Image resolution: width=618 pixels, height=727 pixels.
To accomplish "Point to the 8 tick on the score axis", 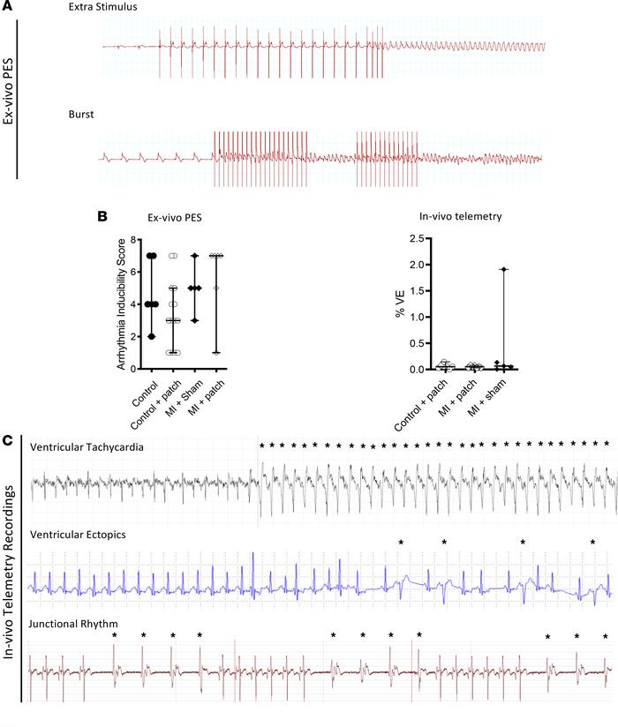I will pos(130,239).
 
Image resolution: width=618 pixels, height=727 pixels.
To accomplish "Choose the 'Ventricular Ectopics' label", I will pos(78,535).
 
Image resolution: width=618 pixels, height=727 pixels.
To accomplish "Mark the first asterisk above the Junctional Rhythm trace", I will pos(114,635).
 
